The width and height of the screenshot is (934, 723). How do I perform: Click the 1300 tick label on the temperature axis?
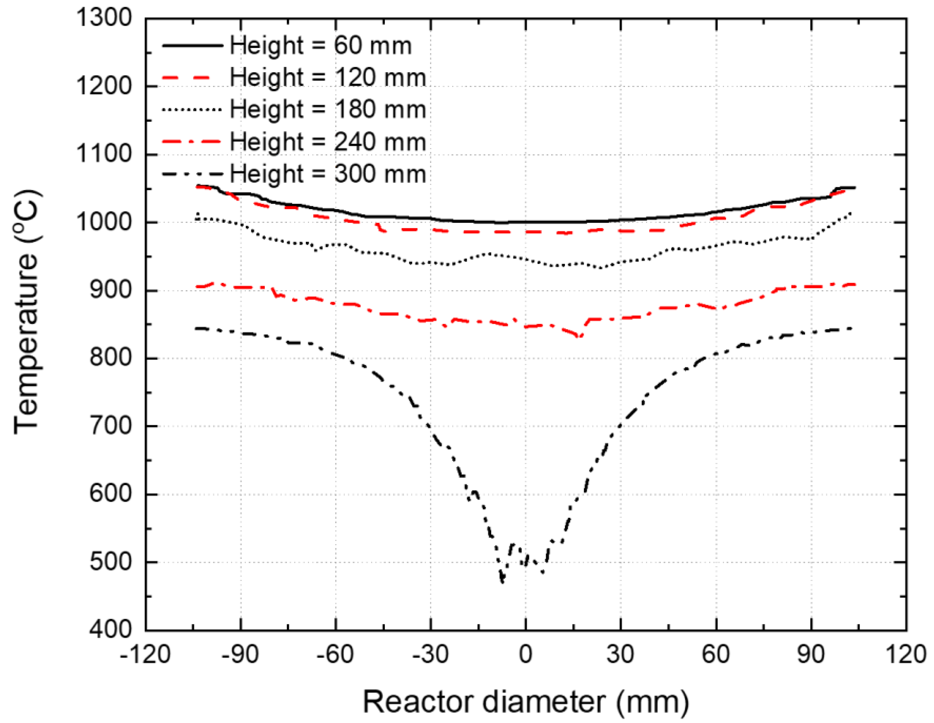104,19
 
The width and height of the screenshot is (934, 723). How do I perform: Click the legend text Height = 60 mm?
320,46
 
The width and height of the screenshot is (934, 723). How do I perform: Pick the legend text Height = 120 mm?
328,78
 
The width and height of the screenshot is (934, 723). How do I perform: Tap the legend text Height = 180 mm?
328,110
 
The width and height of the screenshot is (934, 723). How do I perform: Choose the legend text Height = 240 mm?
328,142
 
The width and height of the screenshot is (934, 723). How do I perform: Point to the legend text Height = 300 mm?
328,174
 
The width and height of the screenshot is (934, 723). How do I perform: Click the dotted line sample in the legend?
193,109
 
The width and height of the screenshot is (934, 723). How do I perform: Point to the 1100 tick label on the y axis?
104,154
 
